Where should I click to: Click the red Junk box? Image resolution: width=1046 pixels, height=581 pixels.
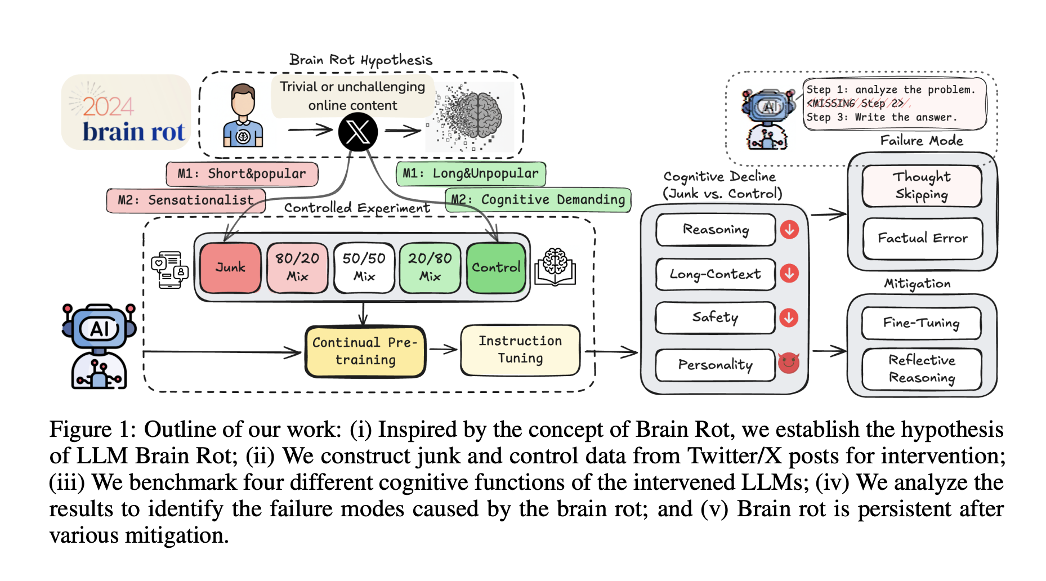[x=230, y=268]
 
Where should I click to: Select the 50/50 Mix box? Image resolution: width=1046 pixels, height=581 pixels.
[x=364, y=268]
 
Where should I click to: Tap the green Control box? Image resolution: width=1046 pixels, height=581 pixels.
[x=496, y=268]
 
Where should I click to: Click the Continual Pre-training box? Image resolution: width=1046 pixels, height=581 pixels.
[x=365, y=351]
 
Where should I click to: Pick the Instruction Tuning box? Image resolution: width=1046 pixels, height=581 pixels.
[x=520, y=350]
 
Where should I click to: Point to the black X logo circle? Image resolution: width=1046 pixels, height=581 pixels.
[x=357, y=132]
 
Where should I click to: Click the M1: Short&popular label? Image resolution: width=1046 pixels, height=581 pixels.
[x=242, y=174]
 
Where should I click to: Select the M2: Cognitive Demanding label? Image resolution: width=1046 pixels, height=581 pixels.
[x=538, y=200]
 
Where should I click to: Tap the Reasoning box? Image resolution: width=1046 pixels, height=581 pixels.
[x=716, y=230]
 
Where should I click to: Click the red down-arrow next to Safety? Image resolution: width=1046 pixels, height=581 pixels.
[x=789, y=318]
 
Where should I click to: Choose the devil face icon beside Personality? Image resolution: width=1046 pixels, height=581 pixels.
[x=789, y=363]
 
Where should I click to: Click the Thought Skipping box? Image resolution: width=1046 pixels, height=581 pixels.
[x=922, y=185]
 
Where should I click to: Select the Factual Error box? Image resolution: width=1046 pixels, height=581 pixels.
[x=923, y=239]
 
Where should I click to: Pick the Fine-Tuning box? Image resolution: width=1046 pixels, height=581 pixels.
[x=921, y=323]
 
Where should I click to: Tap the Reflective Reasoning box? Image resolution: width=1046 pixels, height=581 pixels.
[x=922, y=369]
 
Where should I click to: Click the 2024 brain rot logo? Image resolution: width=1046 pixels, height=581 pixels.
[x=126, y=113]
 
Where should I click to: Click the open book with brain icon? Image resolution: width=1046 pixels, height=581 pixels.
[x=555, y=266]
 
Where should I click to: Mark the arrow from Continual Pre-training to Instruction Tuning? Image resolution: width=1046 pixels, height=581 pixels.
[x=443, y=350]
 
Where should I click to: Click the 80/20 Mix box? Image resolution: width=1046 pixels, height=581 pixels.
[x=297, y=268]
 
